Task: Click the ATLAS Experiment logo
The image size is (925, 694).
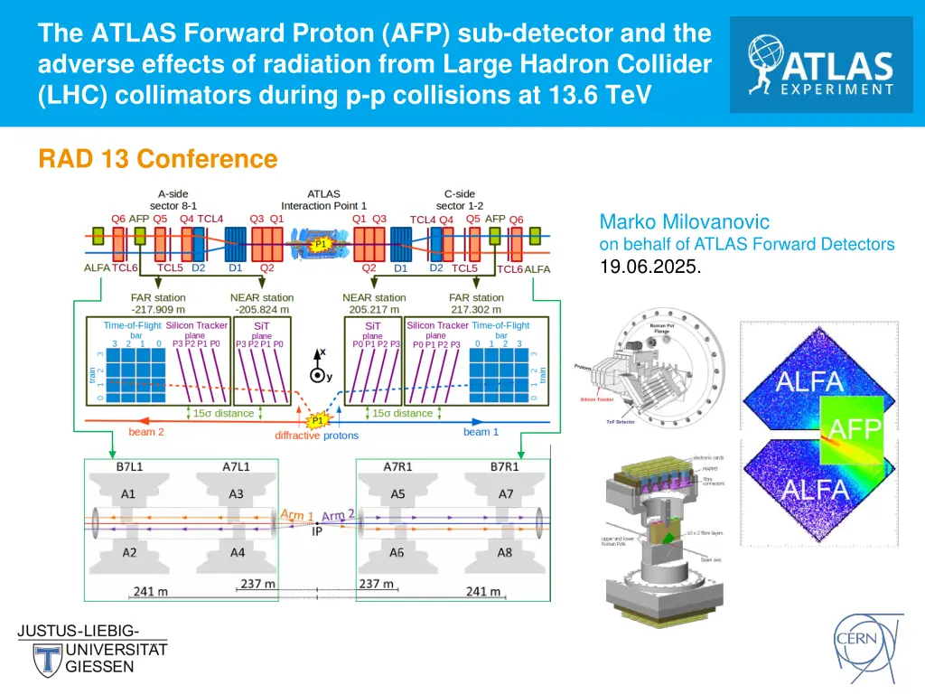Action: click(x=821, y=64)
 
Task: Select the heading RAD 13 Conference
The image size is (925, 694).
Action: click(x=157, y=159)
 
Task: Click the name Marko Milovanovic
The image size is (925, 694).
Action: click(x=685, y=221)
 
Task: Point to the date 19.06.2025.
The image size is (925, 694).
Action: click(x=650, y=267)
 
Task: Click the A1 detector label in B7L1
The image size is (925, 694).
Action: click(x=128, y=493)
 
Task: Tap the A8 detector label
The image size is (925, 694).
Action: click(x=506, y=552)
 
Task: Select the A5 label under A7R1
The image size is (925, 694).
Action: click(x=397, y=493)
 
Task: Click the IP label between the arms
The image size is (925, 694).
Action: click(x=317, y=532)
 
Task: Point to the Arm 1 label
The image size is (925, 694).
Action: click(x=296, y=514)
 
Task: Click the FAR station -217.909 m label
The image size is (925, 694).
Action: click(x=158, y=303)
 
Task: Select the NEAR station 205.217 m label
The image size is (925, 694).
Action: click(x=374, y=303)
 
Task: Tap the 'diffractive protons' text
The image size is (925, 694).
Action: click(x=316, y=436)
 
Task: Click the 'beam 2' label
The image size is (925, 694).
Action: click(x=147, y=432)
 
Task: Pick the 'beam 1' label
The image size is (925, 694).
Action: click(x=481, y=432)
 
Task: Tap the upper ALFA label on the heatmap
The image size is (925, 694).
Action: click(x=809, y=380)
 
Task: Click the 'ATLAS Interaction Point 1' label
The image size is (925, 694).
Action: click(x=323, y=199)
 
